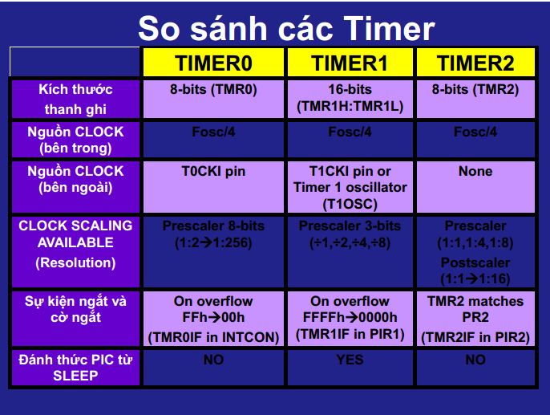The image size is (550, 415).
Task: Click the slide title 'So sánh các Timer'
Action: coord(286,29)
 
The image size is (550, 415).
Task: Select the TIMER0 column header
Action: coord(213,63)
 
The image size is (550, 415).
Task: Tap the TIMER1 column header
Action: coord(350,63)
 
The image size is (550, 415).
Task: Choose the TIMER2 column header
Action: coord(475,63)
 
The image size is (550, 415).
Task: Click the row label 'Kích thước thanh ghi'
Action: coord(75,99)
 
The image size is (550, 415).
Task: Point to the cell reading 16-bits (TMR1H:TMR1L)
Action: coord(350,99)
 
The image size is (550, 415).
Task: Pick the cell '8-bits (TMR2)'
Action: coord(475,99)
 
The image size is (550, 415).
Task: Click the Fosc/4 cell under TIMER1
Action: coord(350,140)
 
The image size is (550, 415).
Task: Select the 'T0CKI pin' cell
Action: coord(213,187)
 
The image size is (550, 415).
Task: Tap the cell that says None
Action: coord(475,187)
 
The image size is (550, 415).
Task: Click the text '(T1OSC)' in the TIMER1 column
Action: coord(350,204)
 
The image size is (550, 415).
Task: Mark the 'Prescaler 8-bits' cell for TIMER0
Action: coord(213,252)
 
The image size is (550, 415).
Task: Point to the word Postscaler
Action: coord(475,262)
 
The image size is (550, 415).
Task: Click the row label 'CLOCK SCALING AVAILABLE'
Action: coord(75,234)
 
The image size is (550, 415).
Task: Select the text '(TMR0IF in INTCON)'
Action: coord(213,337)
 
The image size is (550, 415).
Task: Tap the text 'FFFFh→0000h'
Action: coord(350,317)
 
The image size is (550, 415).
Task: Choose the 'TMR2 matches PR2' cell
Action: coord(475,319)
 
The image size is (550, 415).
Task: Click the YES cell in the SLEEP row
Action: coord(350,368)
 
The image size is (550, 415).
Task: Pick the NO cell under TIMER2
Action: coord(475,368)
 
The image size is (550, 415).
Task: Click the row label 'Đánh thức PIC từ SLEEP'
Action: coord(75,368)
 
